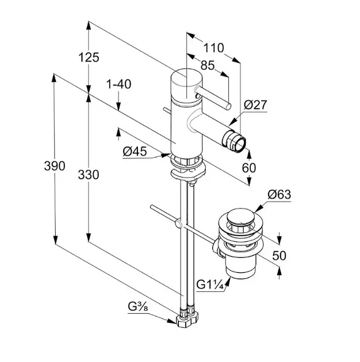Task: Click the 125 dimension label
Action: tap(89, 57)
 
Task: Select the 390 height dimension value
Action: tap(55, 165)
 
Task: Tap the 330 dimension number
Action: tap(89, 175)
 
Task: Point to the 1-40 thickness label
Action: tap(118, 84)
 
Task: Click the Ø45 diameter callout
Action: tap(135, 152)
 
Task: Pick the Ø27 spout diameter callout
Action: tap(255, 105)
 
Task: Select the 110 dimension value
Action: tap(213, 48)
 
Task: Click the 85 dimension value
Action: tap(208, 66)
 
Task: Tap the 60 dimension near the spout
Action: tap(249, 168)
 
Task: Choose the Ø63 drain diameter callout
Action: tap(279, 195)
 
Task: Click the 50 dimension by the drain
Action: tap(279, 255)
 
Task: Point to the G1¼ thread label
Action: tap(210, 284)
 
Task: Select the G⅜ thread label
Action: tap(138, 307)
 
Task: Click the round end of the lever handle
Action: tap(228, 107)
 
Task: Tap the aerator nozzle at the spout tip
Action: tap(234, 141)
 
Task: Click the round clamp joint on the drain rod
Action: tap(179, 224)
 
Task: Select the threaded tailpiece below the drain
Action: tap(241, 267)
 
